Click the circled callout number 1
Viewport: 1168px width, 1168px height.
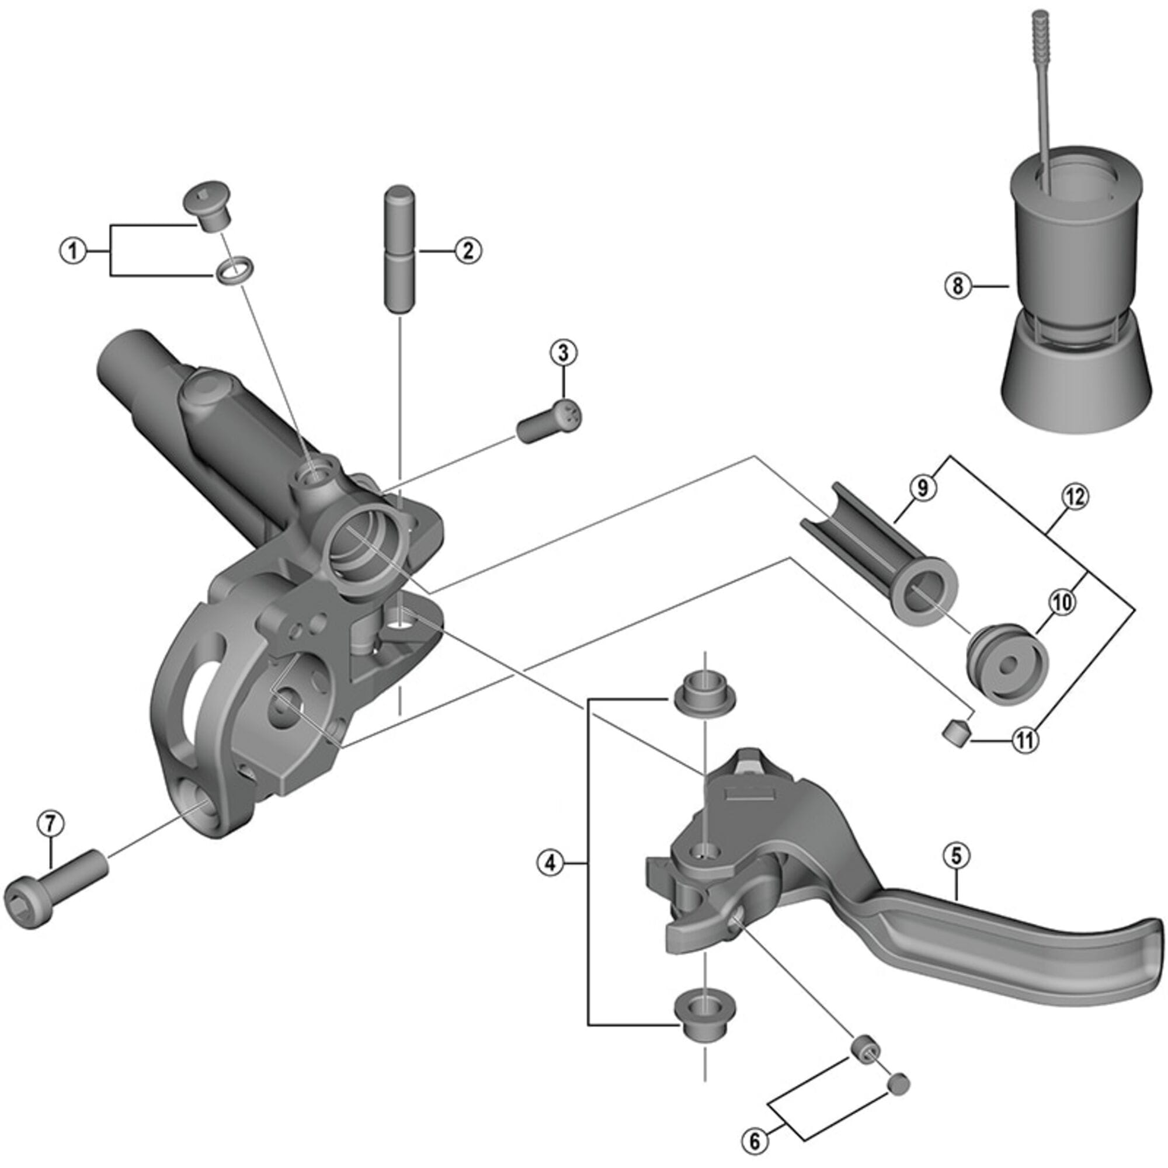pyautogui.click(x=73, y=251)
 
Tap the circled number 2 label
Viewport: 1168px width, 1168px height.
pyautogui.click(x=468, y=251)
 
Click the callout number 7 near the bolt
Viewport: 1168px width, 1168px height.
pyautogui.click(x=50, y=823)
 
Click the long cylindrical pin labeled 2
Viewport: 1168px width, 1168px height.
pyautogui.click(x=399, y=249)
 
